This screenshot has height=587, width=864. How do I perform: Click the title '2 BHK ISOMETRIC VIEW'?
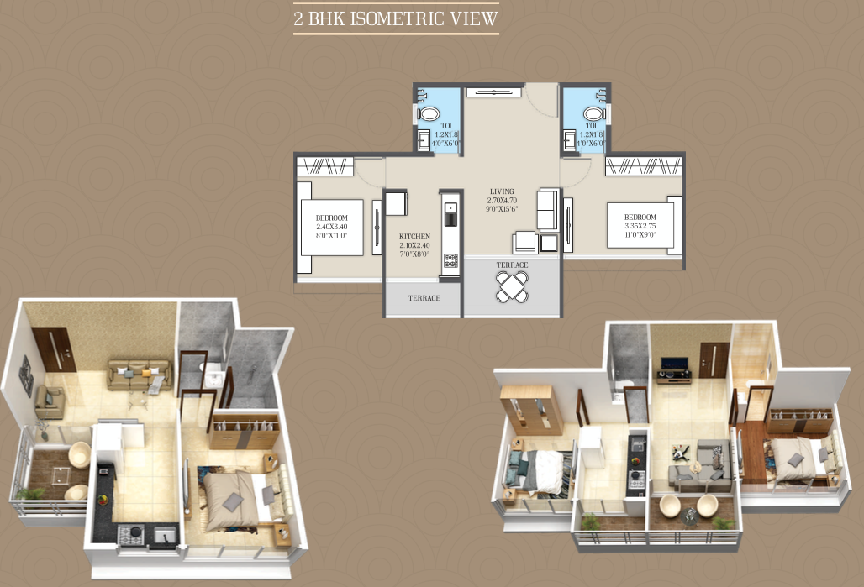(396, 18)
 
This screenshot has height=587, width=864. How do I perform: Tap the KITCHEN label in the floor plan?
(415, 237)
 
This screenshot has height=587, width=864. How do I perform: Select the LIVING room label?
(503, 191)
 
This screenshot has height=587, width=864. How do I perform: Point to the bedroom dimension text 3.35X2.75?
(640, 227)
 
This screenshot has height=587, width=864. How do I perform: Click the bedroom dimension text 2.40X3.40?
(332, 227)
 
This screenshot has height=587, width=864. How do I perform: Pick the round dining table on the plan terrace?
(512, 286)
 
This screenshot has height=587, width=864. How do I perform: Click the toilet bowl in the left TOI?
(429, 113)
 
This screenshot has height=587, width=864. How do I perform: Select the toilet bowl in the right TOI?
(594, 113)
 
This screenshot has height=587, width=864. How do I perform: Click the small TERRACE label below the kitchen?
(424, 298)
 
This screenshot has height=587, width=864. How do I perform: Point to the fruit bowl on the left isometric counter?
(103, 501)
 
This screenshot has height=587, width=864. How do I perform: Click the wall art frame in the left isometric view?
(26, 375)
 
